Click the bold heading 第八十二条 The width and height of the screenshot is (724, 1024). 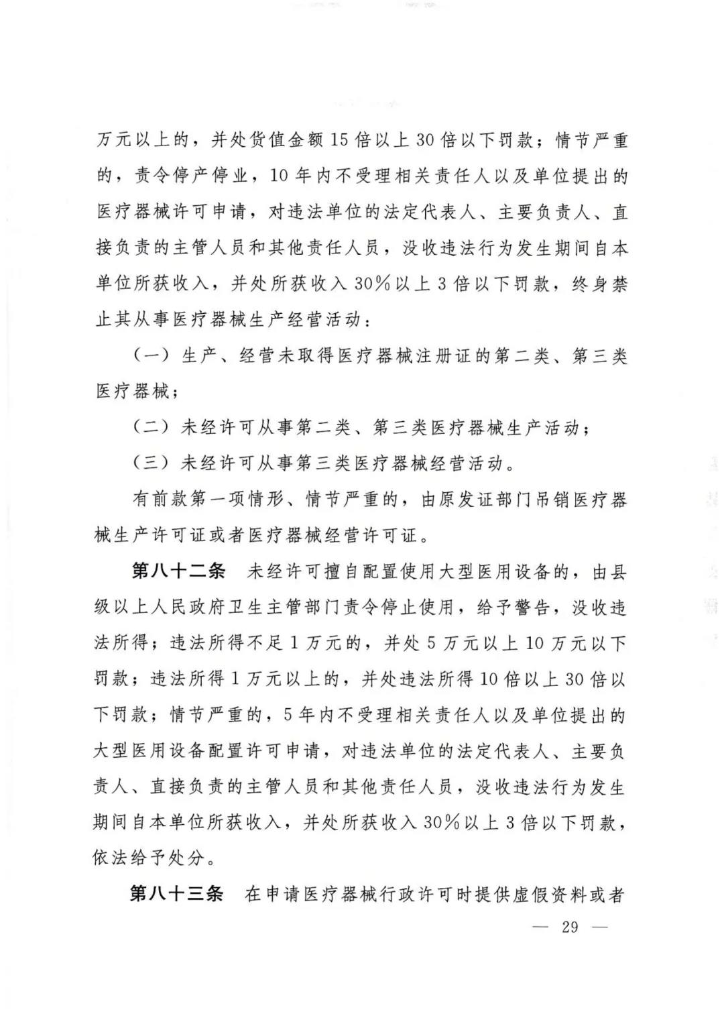coord(178,572)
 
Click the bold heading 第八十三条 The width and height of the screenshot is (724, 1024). coord(176,894)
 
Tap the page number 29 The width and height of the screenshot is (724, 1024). coord(570,927)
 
